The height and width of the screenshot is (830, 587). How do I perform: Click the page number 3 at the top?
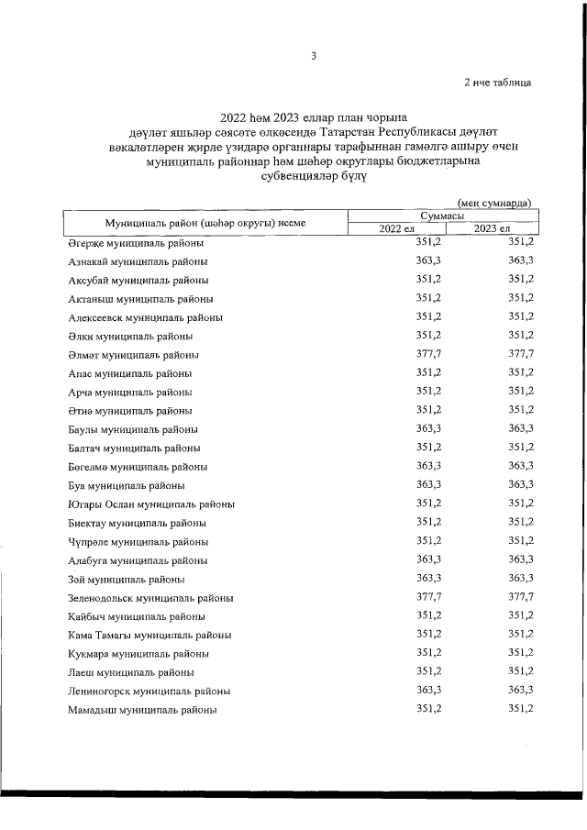click(313, 56)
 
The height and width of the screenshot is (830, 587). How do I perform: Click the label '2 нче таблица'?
click(497, 83)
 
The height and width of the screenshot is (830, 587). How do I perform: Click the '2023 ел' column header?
click(492, 227)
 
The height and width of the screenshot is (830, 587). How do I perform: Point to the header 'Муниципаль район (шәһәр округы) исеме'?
click(205, 222)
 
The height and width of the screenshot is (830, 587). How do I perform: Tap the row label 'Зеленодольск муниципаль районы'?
click(150, 597)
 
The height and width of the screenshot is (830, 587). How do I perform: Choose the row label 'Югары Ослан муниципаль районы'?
click(150, 504)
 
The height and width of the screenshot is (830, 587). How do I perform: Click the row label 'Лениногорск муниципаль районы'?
click(149, 691)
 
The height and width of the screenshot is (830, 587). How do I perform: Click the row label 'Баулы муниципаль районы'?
click(133, 429)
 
